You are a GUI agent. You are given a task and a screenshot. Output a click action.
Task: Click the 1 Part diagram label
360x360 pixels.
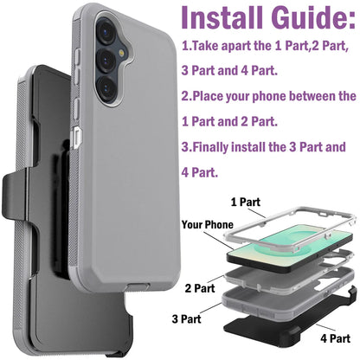pyautogui.click(x=246, y=201)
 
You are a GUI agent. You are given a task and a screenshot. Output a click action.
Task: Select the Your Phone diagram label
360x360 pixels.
pyautogui.click(x=206, y=225)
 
